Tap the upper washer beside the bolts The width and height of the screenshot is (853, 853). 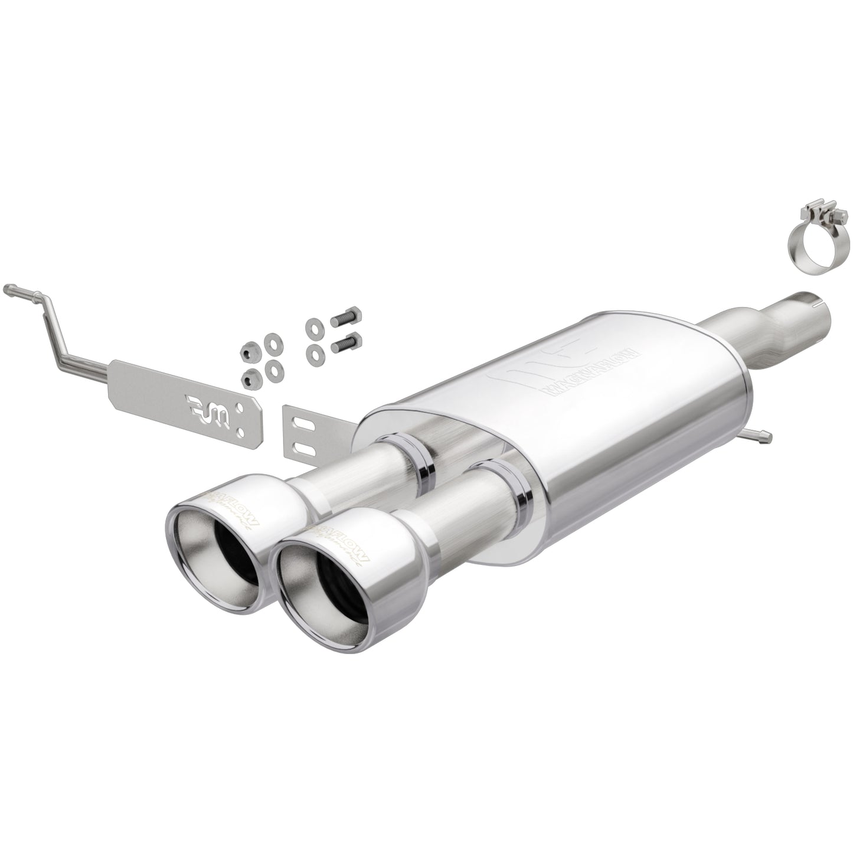coord(312,326)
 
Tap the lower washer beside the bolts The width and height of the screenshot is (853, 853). coord(313,352)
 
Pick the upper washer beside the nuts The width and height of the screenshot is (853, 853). coord(272,342)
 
